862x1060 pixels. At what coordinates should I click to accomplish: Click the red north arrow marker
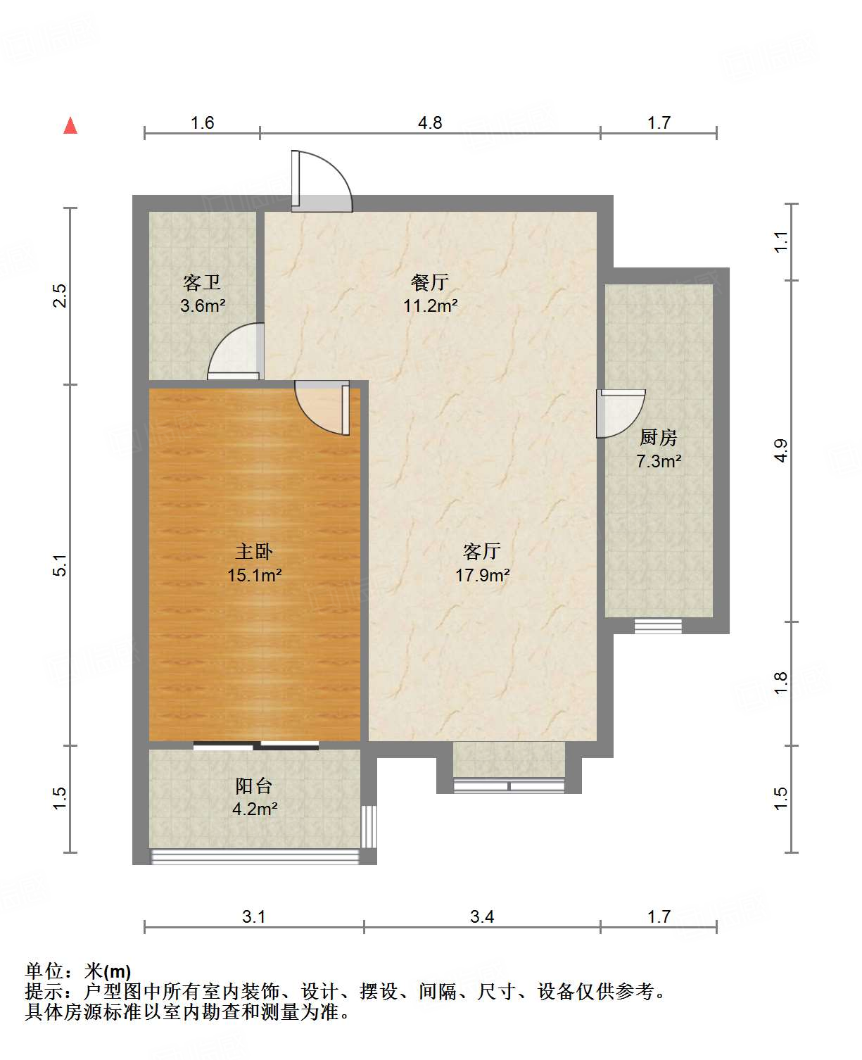click(70, 125)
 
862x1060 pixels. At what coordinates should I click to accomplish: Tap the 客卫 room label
click(202, 282)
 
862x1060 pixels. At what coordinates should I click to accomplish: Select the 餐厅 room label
click(429, 282)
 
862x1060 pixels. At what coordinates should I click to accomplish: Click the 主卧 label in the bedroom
click(254, 551)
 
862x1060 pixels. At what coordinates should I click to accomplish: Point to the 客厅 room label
click(482, 551)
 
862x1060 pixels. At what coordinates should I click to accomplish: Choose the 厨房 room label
click(658, 437)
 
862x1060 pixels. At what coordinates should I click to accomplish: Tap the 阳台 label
click(254, 785)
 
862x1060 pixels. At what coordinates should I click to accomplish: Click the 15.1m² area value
click(254, 575)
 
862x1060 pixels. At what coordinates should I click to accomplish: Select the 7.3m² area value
click(658, 461)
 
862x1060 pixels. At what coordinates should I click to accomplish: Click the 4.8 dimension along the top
click(430, 123)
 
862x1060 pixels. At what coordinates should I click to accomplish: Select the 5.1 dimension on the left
click(61, 565)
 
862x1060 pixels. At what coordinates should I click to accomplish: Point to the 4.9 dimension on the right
click(780, 450)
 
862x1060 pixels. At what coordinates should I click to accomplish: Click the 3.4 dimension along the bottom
click(482, 916)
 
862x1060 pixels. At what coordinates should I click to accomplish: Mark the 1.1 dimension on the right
click(780, 242)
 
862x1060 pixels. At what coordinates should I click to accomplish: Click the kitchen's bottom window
click(658, 626)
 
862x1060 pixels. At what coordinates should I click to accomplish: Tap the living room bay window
click(509, 784)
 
